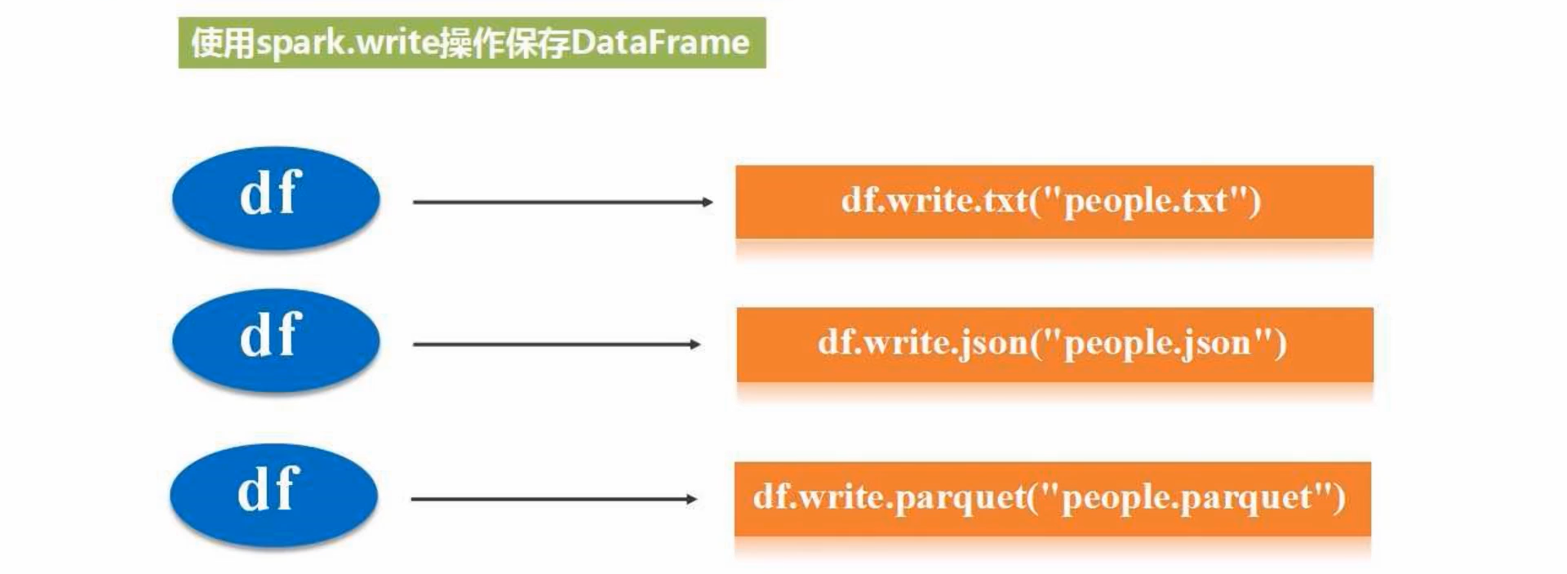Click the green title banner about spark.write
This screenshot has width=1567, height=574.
(x=472, y=42)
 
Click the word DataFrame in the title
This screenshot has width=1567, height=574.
(x=659, y=42)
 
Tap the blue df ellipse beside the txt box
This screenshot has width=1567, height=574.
(x=276, y=198)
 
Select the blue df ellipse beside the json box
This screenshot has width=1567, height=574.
(x=276, y=340)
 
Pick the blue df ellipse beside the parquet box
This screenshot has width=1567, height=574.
(x=274, y=495)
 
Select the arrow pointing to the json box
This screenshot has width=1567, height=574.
(x=555, y=345)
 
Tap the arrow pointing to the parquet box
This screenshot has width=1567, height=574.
(x=553, y=499)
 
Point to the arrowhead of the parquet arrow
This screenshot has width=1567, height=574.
(x=691, y=499)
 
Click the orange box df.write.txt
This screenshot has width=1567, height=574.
(x=1054, y=202)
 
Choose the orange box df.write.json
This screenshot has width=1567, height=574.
(x=1054, y=344)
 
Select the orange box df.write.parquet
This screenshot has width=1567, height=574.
(x=1052, y=498)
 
